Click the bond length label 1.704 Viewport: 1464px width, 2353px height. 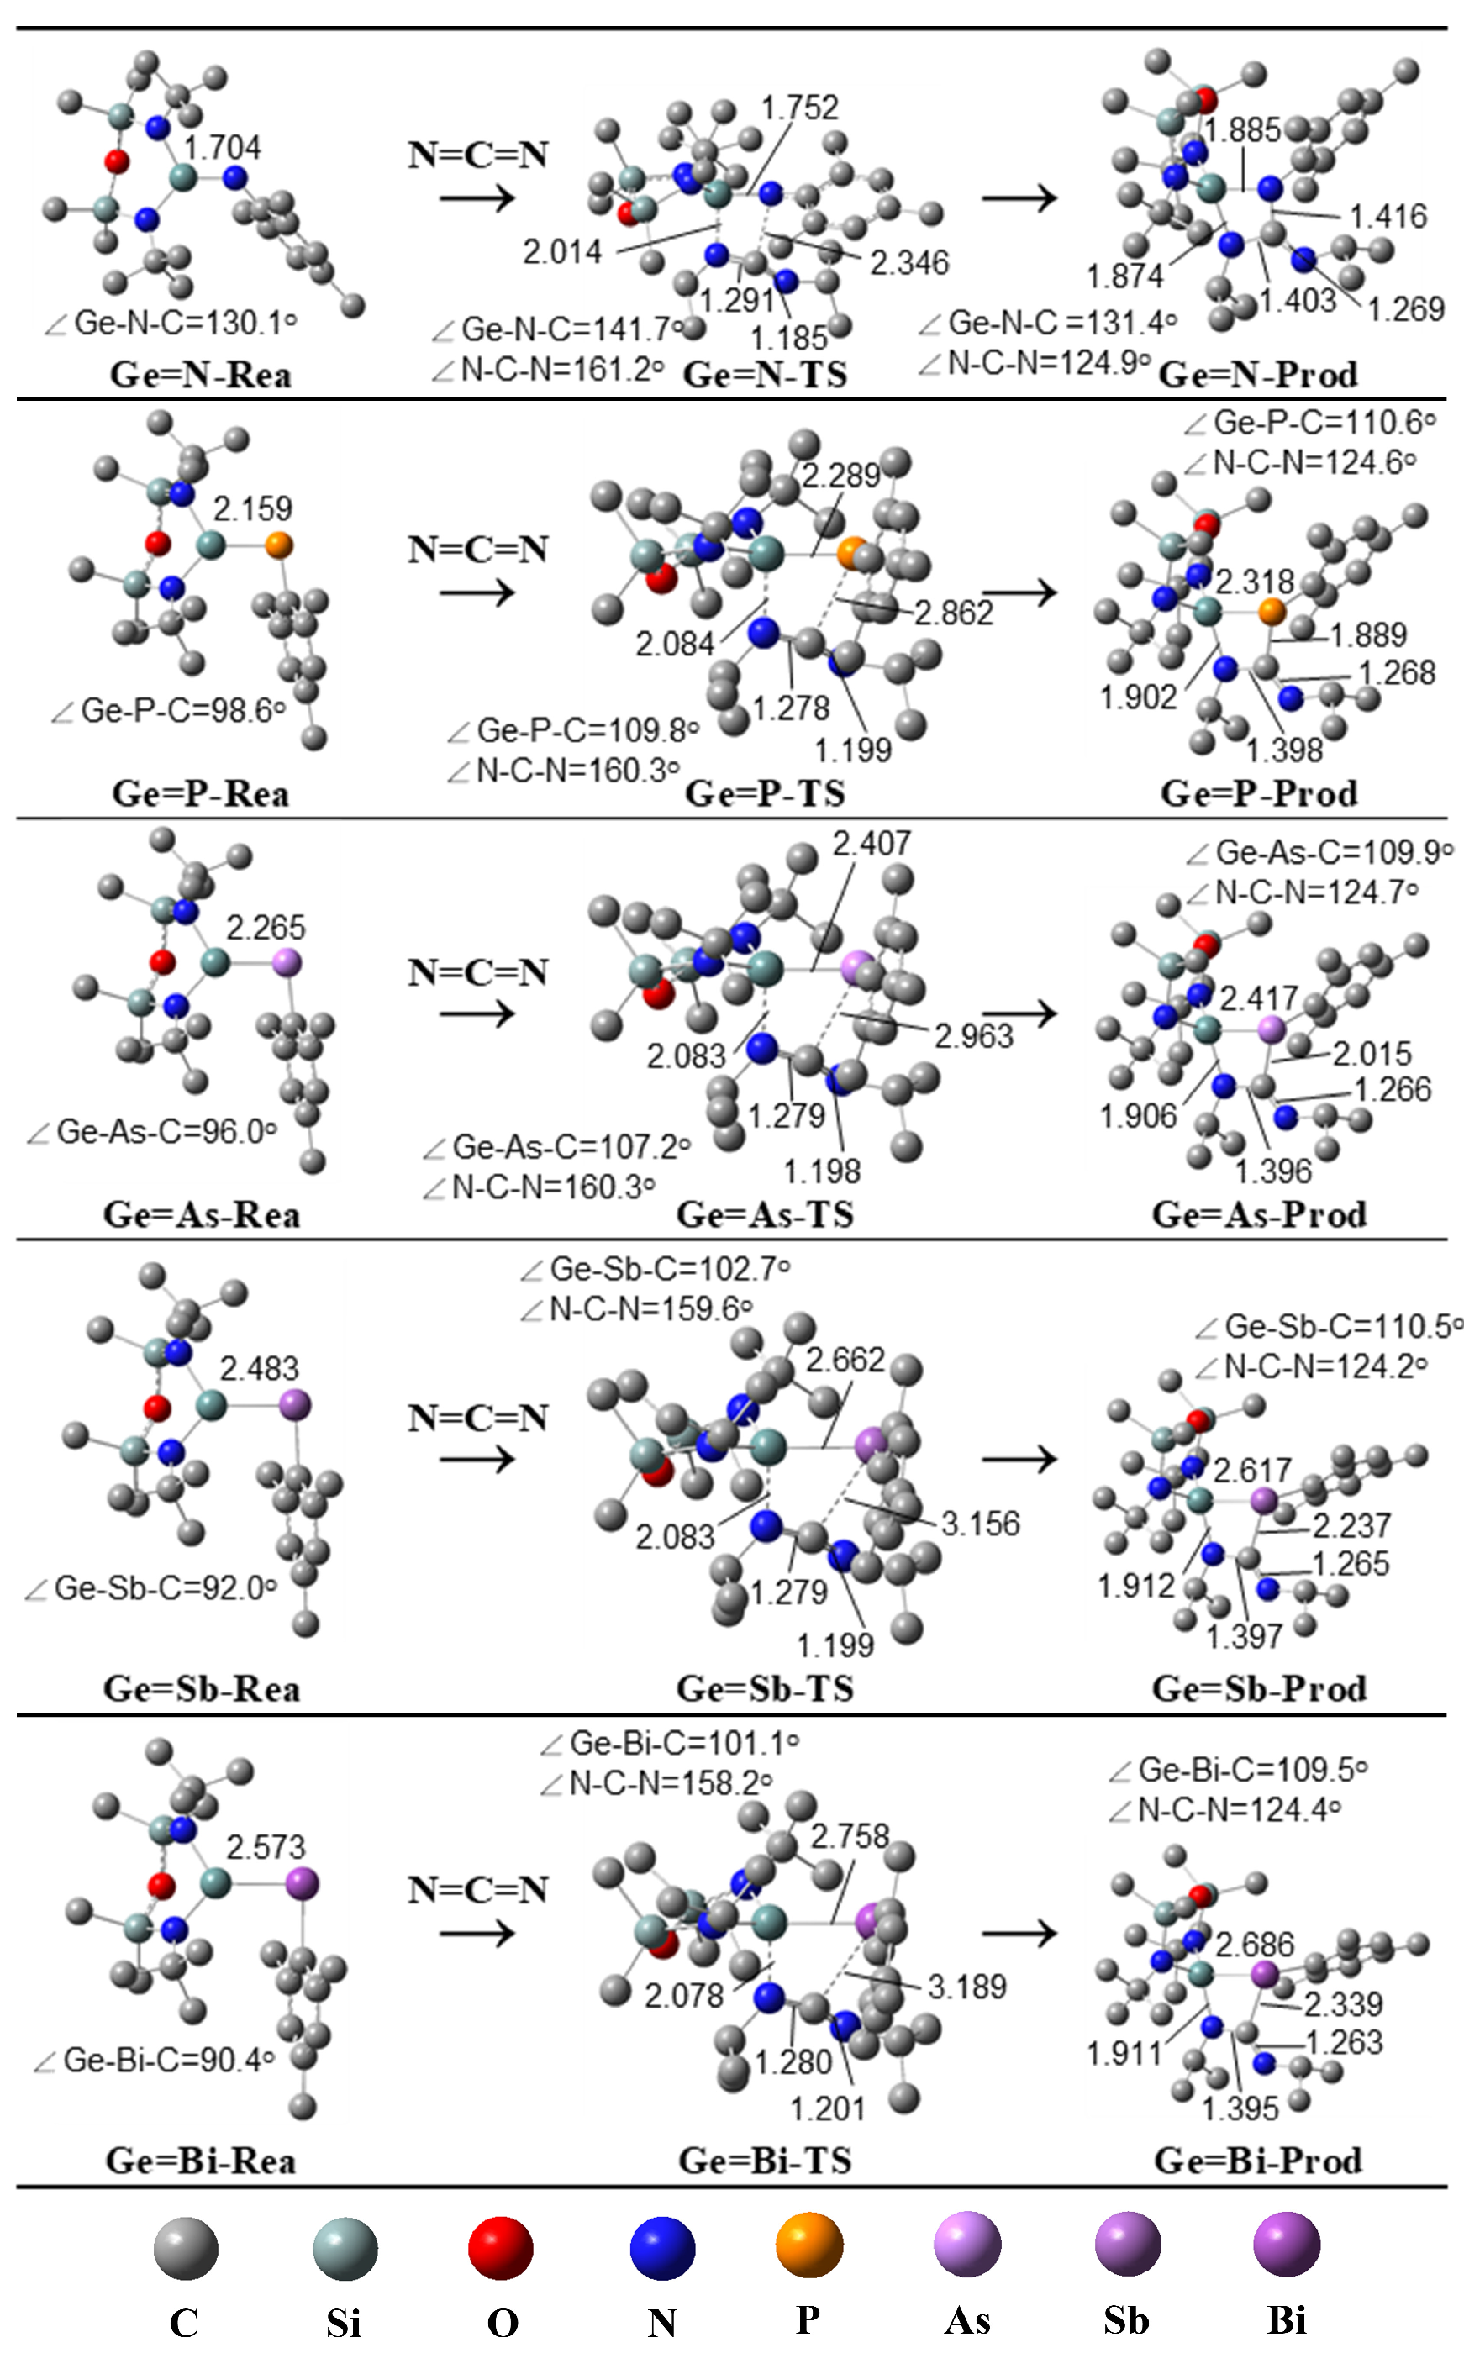click(x=223, y=148)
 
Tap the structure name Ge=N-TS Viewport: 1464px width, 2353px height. click(x=765, y=375)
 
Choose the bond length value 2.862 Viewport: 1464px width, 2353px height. click(x=954, y=613)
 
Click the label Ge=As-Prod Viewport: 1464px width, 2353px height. click(x=1259, y=1214)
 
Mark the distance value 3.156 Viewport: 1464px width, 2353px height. click(x=981, y=1524)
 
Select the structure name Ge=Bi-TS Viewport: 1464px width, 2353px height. click(x=765, y=2161)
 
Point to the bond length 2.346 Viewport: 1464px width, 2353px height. click(x=909, y=262)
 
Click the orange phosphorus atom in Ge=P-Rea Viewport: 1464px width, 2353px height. click(x=278, y=545)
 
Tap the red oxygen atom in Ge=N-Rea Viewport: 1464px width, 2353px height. click(x=116, y=161)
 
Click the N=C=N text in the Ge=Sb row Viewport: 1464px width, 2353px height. click(x=478, y=1418)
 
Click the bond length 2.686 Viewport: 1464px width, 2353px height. click(x=1255, y=1945)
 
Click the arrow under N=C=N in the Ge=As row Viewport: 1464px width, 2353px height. click(x=477, y=1014)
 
